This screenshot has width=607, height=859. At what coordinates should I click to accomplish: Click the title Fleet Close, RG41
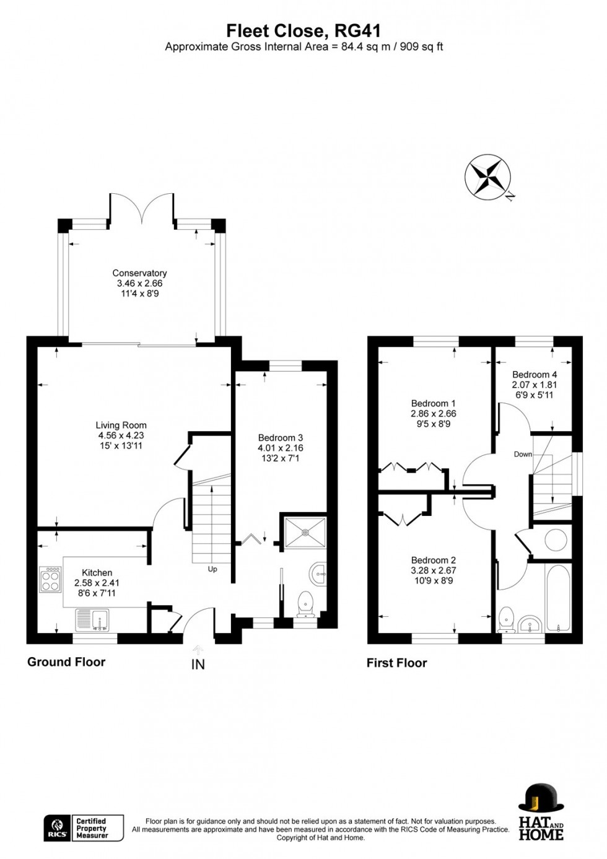(x=303, y=30)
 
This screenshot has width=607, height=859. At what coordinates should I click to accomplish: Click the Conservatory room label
(x=139, y=273)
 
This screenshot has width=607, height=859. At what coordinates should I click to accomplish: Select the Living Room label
(x=121, y=425)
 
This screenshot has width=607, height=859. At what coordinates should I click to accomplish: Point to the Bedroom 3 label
(x=280, y=438)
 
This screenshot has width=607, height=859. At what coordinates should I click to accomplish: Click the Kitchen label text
(x=97, y=573)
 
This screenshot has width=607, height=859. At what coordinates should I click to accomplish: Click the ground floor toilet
(x=305, y=603)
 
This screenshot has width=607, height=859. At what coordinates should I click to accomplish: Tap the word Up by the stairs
(x=212, y=569)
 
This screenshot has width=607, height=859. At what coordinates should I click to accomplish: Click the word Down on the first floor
(x=523, y=454)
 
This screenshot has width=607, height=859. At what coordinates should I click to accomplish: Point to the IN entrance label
(x=198, y=665)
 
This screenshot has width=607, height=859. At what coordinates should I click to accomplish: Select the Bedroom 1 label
(x=433, y=403)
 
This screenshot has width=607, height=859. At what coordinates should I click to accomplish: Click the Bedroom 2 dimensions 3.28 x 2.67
(x=433, y=570)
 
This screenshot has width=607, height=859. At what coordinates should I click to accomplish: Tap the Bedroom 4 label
(x=534, y=375)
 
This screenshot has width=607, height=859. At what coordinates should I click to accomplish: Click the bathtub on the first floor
(x=558, y=598)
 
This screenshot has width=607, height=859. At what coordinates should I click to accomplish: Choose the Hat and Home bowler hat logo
(x=541, y=798)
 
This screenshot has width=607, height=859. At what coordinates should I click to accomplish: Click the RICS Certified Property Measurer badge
(x=84, y=828)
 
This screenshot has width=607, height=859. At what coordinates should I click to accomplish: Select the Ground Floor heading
(x=66, y=662)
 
